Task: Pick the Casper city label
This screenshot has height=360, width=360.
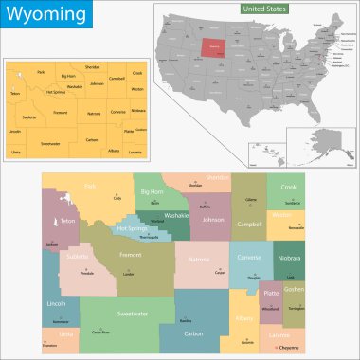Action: pyautogui.click(x=219, y=273)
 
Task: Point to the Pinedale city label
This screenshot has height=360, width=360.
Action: pyautogui.click(x=86, y=272)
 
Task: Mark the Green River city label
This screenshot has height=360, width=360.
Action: pyautogui.click(x=99, y=333)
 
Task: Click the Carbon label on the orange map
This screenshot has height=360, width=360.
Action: pyautogui.click(x=92, y=139)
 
